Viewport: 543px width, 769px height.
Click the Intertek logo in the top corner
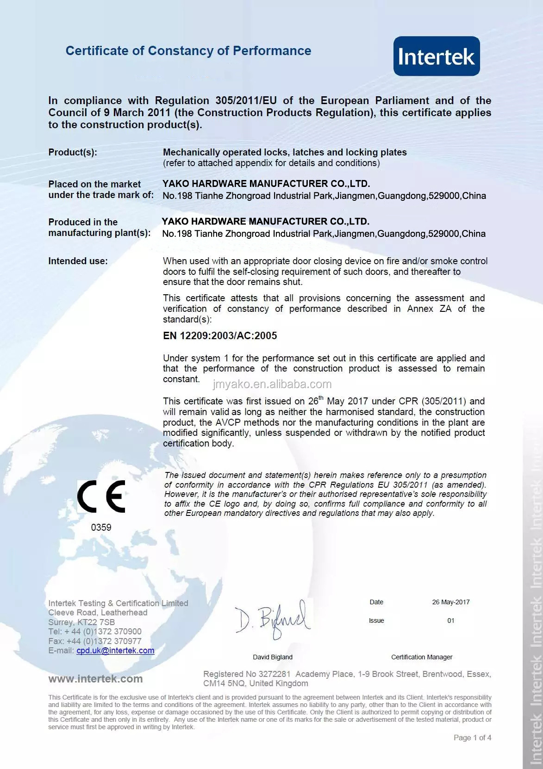click(x=436, y=56)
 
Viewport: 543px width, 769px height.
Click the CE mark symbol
click(x=101, y=496)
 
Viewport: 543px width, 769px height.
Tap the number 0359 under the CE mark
click(x=101, y=527)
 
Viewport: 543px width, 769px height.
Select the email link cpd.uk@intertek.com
click(x=115, y=651)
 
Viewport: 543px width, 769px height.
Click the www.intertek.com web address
click(x=95, y=679)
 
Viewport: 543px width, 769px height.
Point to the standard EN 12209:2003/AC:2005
click(x=220, y=336)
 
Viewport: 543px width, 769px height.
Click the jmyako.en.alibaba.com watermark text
click(x=272, y=384)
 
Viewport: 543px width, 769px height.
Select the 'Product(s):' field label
click(x=73, y=153)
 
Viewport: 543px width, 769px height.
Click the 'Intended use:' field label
click(x=78, y=261)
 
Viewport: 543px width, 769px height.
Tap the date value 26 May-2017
click(x=451, y=602)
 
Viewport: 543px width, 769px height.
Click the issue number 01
click(x=451, y=620)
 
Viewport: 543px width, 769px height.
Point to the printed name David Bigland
click(x=273, y=657)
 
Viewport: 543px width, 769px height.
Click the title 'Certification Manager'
click(x=422, y=657)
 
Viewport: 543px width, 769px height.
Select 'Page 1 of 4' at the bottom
click(x=472, y=738)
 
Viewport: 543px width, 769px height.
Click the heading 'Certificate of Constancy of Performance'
click(x=188, y=51)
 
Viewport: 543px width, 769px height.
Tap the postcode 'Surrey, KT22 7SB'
click(x=81, y=622)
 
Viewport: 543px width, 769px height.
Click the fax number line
click(x=95, y=641)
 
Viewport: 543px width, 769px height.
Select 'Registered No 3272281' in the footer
click(x=247, y=674)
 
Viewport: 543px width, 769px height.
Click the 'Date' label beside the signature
click(x=376, y=602)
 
